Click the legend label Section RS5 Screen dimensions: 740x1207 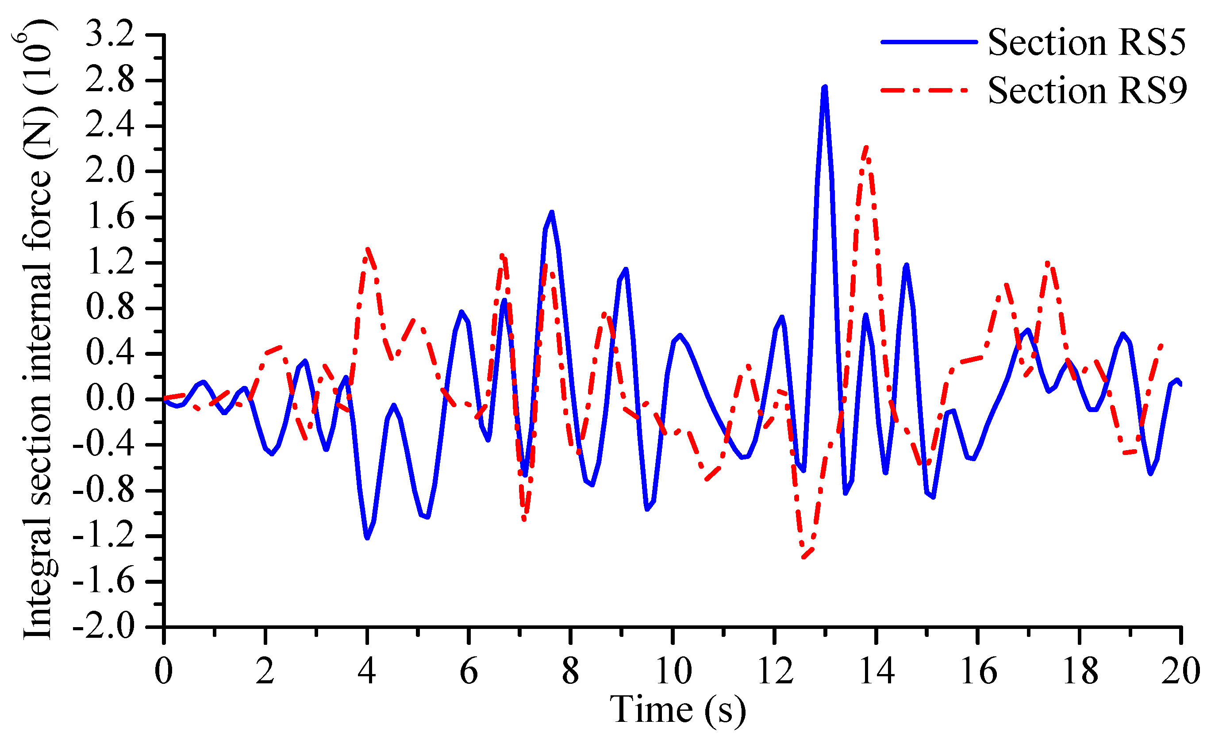click(x=1087, y=42)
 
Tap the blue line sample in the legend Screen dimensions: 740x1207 click(x=929, y=42)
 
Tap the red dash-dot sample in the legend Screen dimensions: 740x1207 click(x=925, y=90)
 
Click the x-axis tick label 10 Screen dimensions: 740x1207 click(x=673, y=671)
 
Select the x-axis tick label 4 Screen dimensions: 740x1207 click(x=367, y=671)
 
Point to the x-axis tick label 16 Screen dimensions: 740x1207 click(x=978, y=671)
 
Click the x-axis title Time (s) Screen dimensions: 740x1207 click(x=677, y=709)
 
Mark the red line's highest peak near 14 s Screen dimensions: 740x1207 click(x=866, y=147)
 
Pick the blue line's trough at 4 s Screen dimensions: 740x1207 click(x=367, y=538)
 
